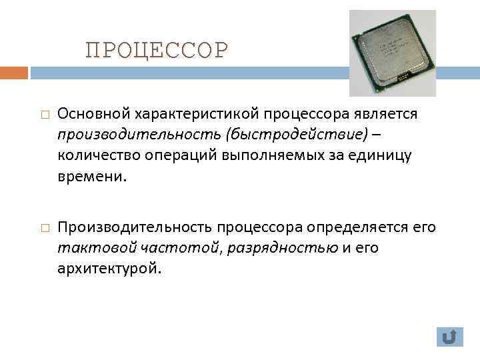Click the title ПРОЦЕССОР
[157, 50]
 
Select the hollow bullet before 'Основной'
[43, 115]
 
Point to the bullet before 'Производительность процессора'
[43, 228]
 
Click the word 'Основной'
[91, 115]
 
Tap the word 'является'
[386, 115]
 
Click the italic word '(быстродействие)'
[296, 135]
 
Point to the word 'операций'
[169, 157]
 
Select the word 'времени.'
[91, 178]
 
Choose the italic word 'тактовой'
[97, 249]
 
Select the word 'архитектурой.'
[109, 270]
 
